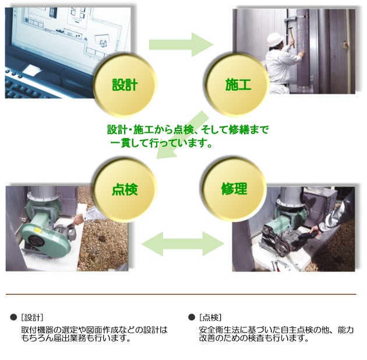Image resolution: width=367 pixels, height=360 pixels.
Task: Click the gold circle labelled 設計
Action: pyautogui.click(x=125, y=84)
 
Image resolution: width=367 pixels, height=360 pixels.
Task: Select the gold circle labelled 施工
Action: pyautogui.click(x=237, y=84)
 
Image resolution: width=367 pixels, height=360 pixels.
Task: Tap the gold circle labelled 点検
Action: pyautogui.click(x=125, y=189)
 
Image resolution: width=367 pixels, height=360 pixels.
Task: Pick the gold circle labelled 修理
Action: pyautogui.click(x=234, y=189)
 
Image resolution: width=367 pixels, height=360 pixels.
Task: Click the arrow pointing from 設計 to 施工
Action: pyautogui.click(x=181, y=44)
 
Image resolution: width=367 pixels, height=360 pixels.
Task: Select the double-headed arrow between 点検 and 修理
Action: pyautogui.click(x=183, y=243)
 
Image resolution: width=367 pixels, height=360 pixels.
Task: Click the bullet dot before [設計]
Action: pyautogui.click(x=13, y=317)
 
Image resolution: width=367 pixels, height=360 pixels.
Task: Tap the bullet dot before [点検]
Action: pyautogui.click(x=192, y=317)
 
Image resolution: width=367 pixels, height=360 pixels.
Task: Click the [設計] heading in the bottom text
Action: pyautogui.click(x=32, y=317)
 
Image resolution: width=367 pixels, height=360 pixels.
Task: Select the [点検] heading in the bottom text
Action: pyautogui.click(x=210, y=317)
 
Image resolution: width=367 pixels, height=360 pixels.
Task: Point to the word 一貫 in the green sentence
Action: pyautogui.click(x=119, y=143)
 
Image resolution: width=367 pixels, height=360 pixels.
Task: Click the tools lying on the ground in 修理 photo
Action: pyautogui.click(x=278, y=266)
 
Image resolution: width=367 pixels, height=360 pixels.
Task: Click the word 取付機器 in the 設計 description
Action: pyautogui.click(x=37, y=330)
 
